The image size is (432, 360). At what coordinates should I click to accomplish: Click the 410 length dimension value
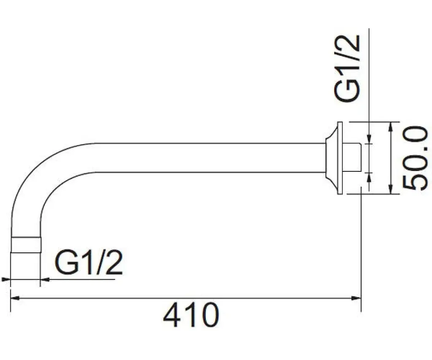[191, 315]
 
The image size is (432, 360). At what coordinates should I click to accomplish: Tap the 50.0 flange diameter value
[416, 158]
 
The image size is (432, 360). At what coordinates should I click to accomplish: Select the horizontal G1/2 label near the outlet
[89, 262]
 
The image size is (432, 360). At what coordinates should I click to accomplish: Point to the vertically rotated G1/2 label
[347, 69]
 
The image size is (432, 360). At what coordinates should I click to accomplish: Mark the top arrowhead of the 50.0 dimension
[390, 127]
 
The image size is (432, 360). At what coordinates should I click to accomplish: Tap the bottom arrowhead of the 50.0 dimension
[390, 189]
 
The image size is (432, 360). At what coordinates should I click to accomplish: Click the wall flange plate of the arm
[340, 158]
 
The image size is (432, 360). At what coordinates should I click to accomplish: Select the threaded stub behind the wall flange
[352, 158]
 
